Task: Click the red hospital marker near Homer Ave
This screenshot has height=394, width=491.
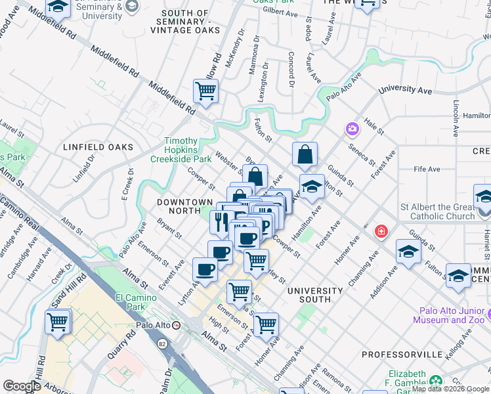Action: (x=380, y=231)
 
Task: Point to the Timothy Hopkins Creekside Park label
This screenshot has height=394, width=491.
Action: (x=181, y=150)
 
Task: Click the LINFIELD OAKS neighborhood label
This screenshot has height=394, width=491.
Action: (x=98, y=147)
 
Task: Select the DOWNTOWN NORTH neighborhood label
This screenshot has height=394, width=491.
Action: (x=185, y=206)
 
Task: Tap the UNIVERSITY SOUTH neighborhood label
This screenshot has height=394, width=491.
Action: (x=314, y=295)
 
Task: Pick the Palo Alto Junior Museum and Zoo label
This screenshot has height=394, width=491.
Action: (x=450, y=315)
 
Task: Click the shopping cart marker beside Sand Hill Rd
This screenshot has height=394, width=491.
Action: (x=58, y=322)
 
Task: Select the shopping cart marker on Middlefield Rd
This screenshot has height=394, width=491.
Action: (x=206, y=92)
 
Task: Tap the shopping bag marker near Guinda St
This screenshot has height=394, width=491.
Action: (x=305, y=155)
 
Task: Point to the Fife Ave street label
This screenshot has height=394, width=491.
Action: (x=427, y=169)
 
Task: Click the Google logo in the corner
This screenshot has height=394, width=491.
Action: (x=22, y=386)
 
